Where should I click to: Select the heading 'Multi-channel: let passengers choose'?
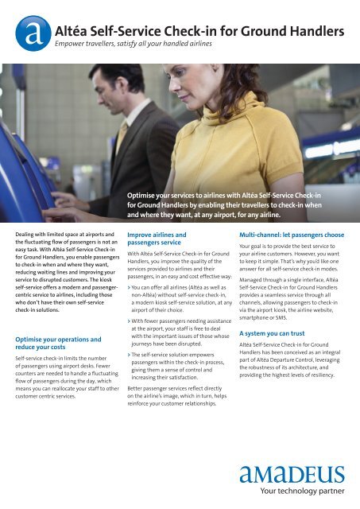pyautogui.click(x=291, y=235)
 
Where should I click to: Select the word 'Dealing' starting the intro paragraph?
pyautogui.click(x=27, y=235)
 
